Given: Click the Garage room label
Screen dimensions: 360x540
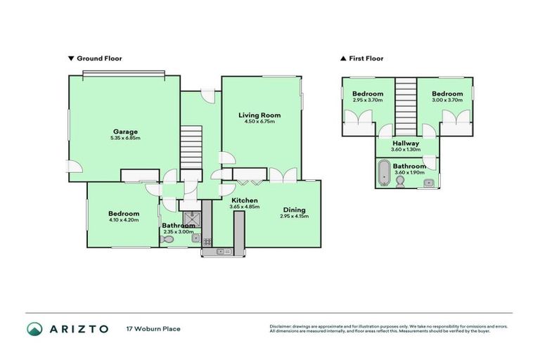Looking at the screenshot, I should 126,131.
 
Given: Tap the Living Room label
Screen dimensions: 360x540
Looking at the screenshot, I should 259,115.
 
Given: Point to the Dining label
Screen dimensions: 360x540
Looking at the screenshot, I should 295,209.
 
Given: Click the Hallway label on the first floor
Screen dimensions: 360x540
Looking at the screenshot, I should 406,143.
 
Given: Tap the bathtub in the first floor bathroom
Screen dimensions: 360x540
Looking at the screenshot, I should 384,172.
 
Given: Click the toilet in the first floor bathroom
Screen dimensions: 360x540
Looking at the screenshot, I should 399,182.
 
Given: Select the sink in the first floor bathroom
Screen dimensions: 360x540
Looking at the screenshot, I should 428,183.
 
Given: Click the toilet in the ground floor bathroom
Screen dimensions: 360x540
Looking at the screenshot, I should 167,240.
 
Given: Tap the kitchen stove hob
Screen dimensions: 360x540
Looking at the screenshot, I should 207,241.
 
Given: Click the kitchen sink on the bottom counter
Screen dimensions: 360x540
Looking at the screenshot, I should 223,251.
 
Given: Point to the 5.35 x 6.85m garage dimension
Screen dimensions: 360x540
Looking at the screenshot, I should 126,138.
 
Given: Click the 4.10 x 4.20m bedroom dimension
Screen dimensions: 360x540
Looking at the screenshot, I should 124,220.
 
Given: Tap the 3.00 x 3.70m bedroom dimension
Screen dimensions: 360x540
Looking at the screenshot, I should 447,101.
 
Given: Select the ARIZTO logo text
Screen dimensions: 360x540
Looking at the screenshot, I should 77,328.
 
